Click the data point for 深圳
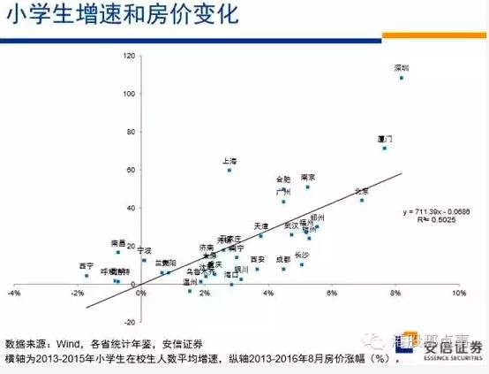(x=402, y=78)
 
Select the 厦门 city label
(x=384, y=140)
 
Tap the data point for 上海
(x=229, y=170)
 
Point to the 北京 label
(x=361, y=191)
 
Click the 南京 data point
(x=307, y=187)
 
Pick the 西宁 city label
(x=86, y=265)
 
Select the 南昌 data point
(x=117, y=252)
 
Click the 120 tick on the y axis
(x=130, y=56)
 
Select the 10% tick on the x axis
(x=458, y=293)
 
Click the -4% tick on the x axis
(x=14, y=293)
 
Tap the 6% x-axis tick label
(x=332, y=293)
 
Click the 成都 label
(x=282, y=259)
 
